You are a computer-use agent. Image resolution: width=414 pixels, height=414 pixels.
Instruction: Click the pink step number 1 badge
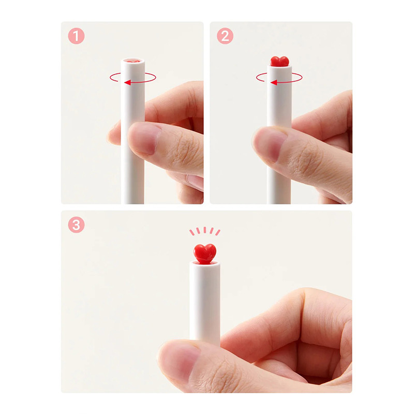pyautogui.click(x=76, y=36)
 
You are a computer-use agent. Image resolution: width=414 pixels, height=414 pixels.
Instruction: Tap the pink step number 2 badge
pyautogui.click(x=225, y=36)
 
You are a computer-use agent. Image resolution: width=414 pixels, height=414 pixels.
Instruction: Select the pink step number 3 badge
pyautogui.click(x=76, y=225)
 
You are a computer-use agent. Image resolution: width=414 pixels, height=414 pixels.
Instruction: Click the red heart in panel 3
pyautogui.click(x=205, y=254)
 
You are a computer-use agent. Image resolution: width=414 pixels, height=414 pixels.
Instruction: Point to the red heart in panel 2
pyautogui.click(x=279, y=61)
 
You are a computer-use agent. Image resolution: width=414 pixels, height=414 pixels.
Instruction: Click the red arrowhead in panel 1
pyautogui.click(x=127, y=82)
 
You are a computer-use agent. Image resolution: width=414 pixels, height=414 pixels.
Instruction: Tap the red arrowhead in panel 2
pyautogui.click(x=274, y=83)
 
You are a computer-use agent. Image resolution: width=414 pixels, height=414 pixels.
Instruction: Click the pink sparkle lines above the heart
pyautogui.click(x=205, y=231)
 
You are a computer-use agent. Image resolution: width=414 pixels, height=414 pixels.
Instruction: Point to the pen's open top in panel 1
pyautogui.click(x=133, y=61)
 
